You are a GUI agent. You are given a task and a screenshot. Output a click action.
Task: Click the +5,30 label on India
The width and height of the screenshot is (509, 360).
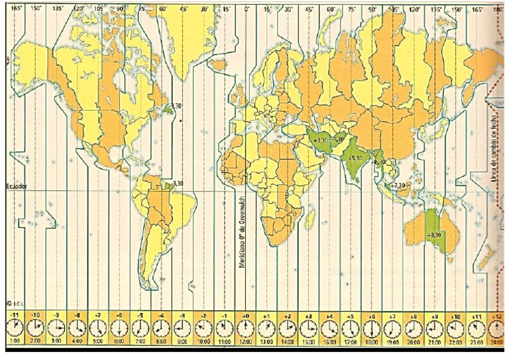pos(356,158)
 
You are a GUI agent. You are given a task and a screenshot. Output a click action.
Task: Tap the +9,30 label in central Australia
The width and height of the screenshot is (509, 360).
pos(434,235)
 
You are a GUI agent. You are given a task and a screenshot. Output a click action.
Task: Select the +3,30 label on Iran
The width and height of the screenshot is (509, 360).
pos(319,141)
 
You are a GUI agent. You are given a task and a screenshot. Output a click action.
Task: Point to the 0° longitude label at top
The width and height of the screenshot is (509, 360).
pos(247,9)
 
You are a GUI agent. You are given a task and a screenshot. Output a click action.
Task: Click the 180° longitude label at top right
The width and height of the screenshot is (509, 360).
pos(500,9)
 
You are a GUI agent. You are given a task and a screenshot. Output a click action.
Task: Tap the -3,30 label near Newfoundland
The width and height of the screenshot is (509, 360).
pos(176,106)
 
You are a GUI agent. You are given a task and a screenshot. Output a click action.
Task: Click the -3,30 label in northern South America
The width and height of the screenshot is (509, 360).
pos(177,183)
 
